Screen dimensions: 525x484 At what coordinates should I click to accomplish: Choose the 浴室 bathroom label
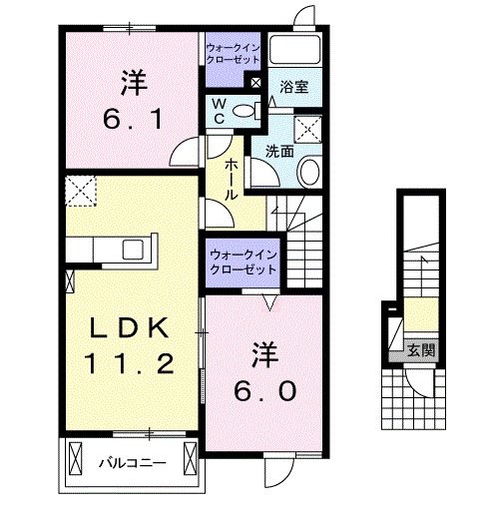pyautogui.click(x=293, y=87)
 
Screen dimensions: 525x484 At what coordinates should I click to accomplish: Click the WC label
pyautogui.click(x=217, y=110)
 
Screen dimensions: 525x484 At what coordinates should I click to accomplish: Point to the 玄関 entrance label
pyautogui.click(x=420, y=350)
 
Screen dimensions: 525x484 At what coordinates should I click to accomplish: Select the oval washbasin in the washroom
pyautogui.click(x=308, y=172)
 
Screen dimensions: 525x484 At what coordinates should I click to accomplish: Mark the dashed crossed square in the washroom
pyautogui.click(x=307, y=127)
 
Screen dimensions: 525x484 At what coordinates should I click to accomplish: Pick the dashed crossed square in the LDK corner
pyautogui.click(x=79, y=189)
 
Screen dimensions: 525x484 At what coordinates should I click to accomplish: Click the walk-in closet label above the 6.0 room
pyautogui.click(x=243, y=262)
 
